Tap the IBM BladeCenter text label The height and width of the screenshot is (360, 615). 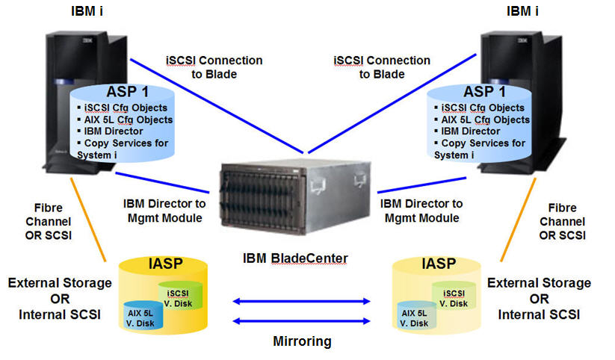point(295,259)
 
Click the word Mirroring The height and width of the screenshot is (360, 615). point(303,341)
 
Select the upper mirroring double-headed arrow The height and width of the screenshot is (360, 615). point(302,302)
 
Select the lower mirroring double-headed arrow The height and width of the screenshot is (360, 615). point(302,322)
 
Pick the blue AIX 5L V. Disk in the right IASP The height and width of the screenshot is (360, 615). point(414,317)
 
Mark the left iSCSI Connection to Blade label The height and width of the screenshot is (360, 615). point(214,66)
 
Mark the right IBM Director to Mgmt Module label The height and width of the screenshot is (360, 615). point(421,211)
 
